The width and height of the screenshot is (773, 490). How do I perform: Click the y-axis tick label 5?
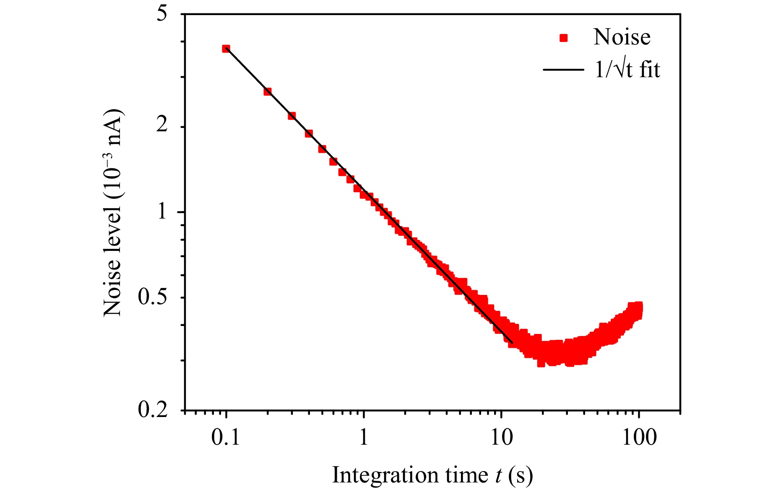point(161,13)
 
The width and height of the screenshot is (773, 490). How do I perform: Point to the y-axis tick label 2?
point(161,124)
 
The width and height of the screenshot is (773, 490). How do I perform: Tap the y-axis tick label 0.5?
point(153,297)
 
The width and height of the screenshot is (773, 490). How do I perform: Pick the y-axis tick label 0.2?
point(153,409)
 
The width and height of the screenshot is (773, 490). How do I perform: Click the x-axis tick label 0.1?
point(226,438)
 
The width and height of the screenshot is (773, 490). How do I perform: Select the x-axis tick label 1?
point(364,438)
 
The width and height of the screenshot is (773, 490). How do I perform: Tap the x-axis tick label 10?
point(501,438)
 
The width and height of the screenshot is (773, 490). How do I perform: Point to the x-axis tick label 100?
point(639,438)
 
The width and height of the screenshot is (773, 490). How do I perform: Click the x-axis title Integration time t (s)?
point(432,475)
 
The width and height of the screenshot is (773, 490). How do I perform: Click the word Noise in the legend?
point(622,37)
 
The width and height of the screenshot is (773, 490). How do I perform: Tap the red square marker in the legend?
point(564,38)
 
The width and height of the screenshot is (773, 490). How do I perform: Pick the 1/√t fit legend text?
point(627,70)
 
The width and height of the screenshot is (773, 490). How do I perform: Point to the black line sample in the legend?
point(563,70)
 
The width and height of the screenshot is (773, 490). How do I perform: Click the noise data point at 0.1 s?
point(226,49)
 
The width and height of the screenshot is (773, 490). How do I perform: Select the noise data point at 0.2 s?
point(268,91)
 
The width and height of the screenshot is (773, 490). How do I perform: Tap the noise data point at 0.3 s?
point(292,116)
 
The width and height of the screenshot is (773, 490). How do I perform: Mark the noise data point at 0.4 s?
point(309,134)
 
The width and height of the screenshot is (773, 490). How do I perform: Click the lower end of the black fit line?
point(512,343)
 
